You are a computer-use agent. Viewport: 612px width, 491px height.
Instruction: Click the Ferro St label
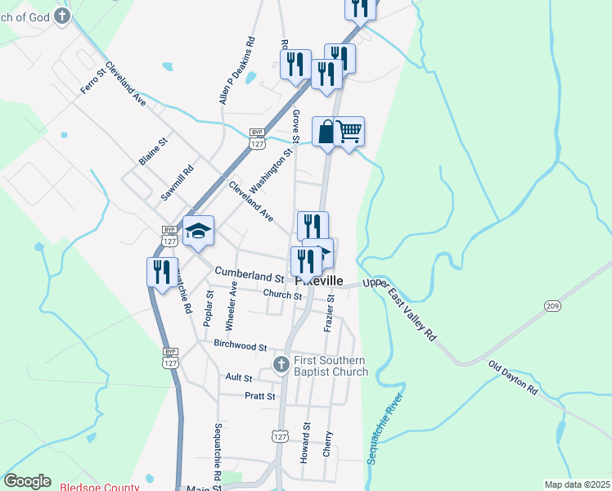click(x=93, y=80)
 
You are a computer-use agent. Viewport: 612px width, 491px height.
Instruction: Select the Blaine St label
click(x=153, y=151)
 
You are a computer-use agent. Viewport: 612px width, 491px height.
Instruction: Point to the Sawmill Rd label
click(x=177, y=182)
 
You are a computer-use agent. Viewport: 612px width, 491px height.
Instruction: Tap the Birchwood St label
click(x=240, y=346)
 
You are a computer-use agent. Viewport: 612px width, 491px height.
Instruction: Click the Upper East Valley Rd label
click(x=400, y=309)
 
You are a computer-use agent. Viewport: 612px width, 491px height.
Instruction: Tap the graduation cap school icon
click(x=198, y=231)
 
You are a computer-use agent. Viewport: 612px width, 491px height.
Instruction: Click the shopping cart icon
click(x=349, y=131)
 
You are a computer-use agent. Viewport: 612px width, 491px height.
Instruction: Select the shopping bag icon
click(x=326, y=131)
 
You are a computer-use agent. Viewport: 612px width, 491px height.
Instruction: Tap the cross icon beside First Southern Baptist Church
click(x=281, y=363)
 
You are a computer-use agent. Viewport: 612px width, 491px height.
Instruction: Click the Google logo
click(x=27, y=481)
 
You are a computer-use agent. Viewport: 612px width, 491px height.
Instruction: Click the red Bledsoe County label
click(x=99, y=487)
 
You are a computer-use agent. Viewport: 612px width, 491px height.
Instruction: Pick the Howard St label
click(x=306, y=443)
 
